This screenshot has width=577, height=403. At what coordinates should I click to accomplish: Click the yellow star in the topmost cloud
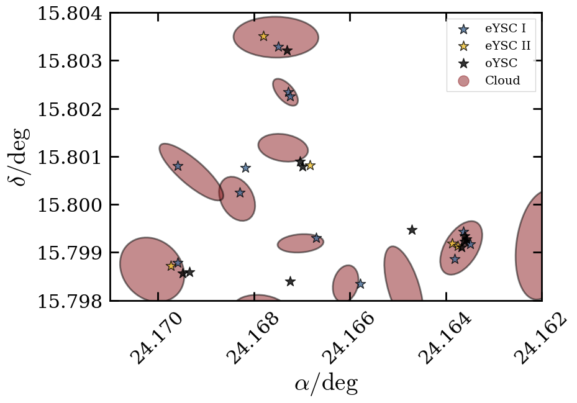coord(263,36)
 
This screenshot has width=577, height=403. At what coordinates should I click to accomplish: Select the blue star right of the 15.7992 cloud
coord(316,238)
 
